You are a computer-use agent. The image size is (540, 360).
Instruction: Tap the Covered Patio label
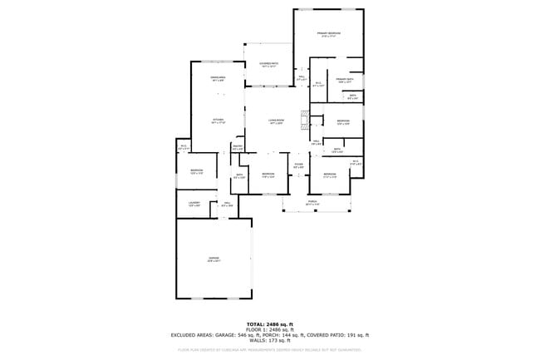tap(268, 65)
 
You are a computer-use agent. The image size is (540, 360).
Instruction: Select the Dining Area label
tap(218, 79)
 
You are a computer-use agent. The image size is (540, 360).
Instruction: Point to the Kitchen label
tap(218, 121)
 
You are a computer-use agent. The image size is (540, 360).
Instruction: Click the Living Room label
tap(276, 121)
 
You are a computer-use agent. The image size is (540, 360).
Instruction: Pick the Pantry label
tap(238, 148)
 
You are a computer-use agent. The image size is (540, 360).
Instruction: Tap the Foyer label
tap(298, 165)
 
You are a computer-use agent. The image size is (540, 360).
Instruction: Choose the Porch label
tap(312, 203)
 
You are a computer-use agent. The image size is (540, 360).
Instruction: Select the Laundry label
tap(194, 203)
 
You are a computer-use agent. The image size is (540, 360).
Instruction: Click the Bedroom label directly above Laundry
tap(197, 172)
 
